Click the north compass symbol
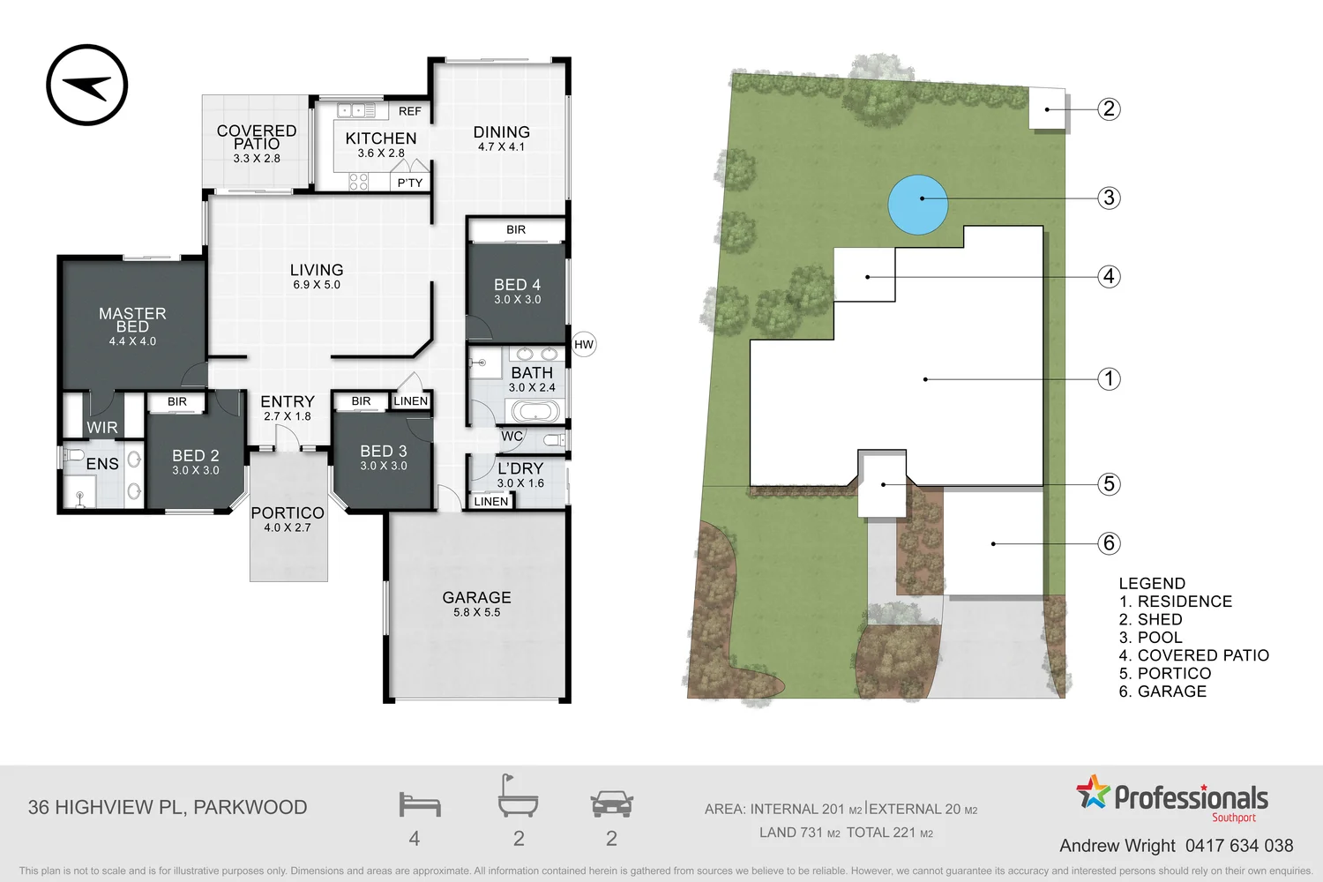point(87,86)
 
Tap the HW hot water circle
point(584,344)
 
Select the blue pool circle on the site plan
point(917,205)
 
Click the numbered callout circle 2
point(1109,109)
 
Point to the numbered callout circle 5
point(1109,484)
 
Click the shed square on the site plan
point(1047,108)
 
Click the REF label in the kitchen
point(409,111)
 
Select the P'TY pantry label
point(409,183)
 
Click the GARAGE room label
point(476,597)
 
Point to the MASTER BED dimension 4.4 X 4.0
point(132,341)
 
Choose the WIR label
point(101,428)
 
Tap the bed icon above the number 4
point(419,804)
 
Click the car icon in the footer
point(611,804)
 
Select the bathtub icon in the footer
point(518,797)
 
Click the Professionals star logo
point(1093,792)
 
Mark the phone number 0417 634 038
point(1238,846)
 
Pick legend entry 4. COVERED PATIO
point(1193,655)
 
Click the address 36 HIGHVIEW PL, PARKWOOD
point(168,807)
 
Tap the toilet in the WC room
point(553,439)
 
